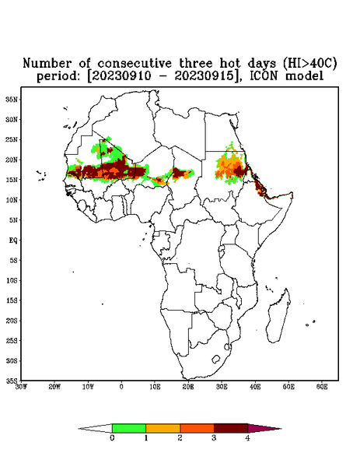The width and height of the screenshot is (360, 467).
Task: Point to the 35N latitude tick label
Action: (12, 100)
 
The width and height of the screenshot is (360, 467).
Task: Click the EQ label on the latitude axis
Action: (13, 240)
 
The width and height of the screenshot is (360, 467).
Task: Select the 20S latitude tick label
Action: (12, 321)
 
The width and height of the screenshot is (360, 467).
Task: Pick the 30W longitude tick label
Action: (21, 387)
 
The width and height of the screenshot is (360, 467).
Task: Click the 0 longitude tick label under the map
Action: (121, 387)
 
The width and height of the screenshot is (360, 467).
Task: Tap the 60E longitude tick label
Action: (322, 387)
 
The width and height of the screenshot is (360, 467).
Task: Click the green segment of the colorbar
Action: (129, 428)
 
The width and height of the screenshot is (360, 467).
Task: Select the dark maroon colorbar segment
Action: (231, 428)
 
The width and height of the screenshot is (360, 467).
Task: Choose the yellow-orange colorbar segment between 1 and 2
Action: (163, 428)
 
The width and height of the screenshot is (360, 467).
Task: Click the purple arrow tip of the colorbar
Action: (281, 429)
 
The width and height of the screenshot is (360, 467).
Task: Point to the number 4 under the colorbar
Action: (247, 438)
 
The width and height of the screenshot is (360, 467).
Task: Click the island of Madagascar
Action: (278, 316)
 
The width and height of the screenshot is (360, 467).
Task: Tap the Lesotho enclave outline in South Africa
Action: (216, 359)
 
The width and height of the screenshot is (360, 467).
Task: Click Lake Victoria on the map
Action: (221, 248)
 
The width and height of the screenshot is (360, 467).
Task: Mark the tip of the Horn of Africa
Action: (292, 193)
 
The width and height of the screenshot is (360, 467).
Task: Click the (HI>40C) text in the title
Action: (309, 63)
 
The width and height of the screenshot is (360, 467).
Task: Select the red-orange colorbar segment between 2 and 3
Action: (197, 428)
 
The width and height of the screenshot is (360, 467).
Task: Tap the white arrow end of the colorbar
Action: (79, 429)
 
